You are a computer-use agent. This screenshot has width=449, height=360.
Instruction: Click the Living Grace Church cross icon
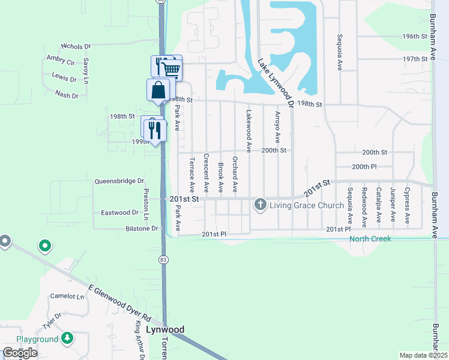coord(261,205)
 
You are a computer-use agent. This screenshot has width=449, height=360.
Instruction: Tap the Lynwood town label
coord(164,330)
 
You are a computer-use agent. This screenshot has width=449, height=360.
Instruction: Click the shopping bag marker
coord(158,91)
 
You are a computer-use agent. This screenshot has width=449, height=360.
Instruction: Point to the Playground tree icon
coord(68,338)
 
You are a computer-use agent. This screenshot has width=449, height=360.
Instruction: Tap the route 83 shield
coord(163,259)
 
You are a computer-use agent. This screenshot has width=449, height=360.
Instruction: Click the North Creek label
coord(370,239)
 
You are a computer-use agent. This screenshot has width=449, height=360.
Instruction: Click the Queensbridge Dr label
coord(120,181)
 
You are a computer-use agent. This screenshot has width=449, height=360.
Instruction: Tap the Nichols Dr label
coord(76,46)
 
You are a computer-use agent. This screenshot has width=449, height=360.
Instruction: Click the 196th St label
coord(414,36)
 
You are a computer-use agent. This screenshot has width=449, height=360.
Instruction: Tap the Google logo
coord(20,353)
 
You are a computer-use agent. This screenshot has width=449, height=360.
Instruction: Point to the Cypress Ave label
coord(407,205)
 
